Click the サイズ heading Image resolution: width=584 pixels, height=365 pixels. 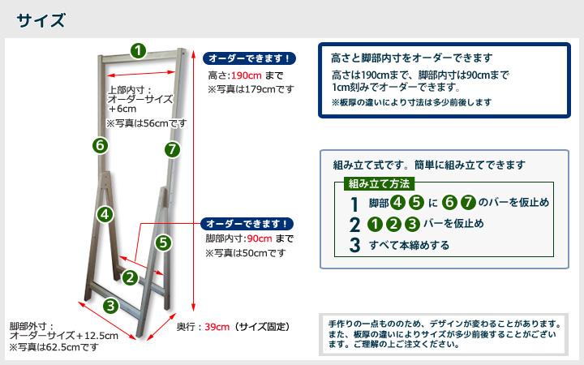(x=41, y=20)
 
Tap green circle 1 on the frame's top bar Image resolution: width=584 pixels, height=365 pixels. (x=138, y=50)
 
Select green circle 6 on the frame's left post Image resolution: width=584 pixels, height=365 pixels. (x=101, y=145)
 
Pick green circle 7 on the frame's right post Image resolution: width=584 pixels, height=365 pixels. (x=172, y=150)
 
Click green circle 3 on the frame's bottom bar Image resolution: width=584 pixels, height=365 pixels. (x=110, y=306)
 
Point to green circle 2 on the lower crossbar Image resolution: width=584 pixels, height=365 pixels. (x=130, y=277)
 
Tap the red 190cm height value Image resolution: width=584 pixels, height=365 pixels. (x=247, y=75)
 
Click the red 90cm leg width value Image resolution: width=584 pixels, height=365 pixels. (x=260, y=238)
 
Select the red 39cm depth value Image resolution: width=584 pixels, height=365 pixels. (x=217, y=327)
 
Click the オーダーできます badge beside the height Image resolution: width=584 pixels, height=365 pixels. (x=249, y=58)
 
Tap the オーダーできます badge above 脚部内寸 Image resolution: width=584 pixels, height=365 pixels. (x=247, y=224)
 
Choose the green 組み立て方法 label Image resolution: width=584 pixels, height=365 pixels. (x=379, y=183)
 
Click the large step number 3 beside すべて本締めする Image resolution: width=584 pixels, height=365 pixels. (x=355, y=245)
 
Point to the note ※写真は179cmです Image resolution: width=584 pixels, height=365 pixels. (x=251, y=89)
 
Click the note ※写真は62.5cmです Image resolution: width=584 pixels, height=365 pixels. (x=54, y=347)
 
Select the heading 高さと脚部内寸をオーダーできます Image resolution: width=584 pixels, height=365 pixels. (x=412, y=58)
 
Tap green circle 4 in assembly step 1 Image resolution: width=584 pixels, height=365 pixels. (x=397, y=202)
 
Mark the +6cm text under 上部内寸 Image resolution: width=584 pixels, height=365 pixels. (x=122, y=109)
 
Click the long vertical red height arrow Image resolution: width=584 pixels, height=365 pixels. (x=193, y=181)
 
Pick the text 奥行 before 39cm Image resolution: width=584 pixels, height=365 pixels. (x=186, y=327)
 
